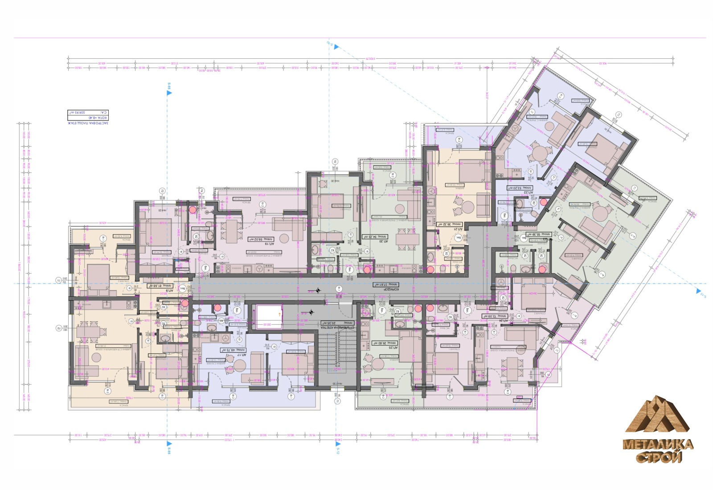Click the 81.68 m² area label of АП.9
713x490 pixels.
[160, 286]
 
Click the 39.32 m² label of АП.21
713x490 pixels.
[450, 225]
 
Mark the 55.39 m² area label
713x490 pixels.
[539, 234]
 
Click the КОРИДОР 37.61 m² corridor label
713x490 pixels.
[386, 285]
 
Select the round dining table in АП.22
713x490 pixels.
[541, 155]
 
